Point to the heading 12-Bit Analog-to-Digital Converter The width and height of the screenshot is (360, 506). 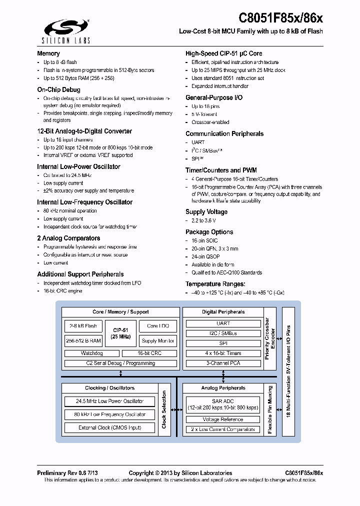(x=84, y=131)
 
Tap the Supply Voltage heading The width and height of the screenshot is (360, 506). (x=206, y=211)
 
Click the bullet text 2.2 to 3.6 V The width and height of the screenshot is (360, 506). (x=203, y=220)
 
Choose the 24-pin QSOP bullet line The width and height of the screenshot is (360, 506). (x=205, y=256)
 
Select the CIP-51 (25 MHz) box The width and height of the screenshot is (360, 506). (x=120, y=333)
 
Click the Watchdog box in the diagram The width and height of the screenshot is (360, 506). (x=91, y=353)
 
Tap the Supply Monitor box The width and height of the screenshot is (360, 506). (x=158, y=340)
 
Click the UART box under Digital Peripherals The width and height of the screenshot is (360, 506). (x=223, y=323)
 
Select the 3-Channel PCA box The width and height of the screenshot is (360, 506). (x=223, y=363)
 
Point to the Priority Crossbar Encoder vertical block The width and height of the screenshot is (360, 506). (x=269, y=339)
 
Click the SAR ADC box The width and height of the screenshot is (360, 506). (x=223, y=404)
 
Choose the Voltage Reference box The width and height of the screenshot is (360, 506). (x=223, y=419)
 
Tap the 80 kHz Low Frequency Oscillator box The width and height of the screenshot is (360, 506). (x=110, y=414)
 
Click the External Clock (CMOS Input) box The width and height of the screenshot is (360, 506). (x=110, y=427)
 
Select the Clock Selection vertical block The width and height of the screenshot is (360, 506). (x=164, y=409)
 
